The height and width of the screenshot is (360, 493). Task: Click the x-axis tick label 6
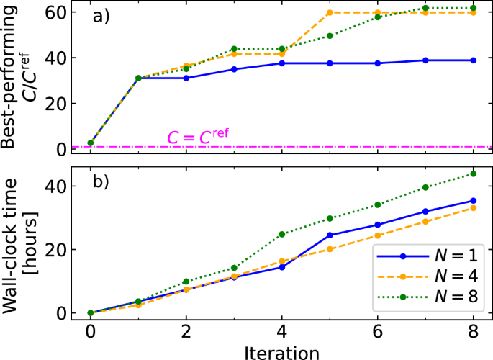(377, 333)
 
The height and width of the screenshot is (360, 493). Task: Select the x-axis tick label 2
(186, 333)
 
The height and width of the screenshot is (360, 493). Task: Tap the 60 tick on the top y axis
(60, 12)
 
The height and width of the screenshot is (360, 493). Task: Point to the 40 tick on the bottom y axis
(60, 186)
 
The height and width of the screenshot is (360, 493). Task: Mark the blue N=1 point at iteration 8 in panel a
(473, 60)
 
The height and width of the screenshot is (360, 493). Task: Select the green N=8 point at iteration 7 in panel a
(425, 8)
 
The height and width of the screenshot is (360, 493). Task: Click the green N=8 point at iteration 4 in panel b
(281, 234)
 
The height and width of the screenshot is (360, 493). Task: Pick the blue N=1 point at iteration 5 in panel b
(329, 235)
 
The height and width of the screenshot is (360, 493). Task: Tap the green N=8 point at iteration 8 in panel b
(473, 174)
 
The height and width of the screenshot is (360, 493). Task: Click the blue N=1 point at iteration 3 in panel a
(233, 69)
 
